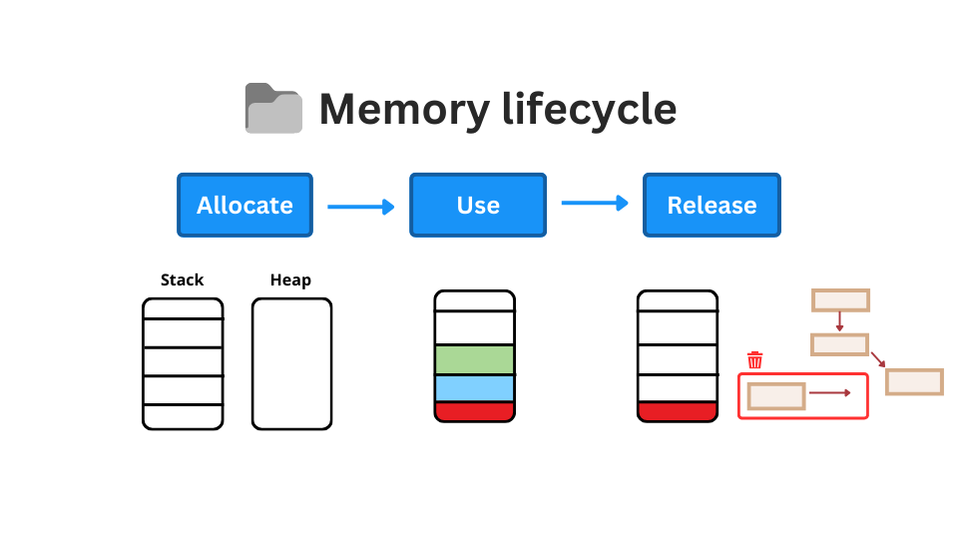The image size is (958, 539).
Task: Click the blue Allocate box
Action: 244,205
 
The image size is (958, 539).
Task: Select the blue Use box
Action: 478,205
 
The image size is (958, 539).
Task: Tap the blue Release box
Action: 712,205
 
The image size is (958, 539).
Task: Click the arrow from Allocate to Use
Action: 360,207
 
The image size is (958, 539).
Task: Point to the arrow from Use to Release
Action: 595,204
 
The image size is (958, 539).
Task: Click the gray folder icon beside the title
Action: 273,109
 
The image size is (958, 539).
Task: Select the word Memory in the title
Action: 404,109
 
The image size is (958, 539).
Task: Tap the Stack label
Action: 182,280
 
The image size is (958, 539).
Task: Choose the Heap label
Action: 290,280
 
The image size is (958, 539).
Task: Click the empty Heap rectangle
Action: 291,364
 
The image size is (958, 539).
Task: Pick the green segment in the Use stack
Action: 474,359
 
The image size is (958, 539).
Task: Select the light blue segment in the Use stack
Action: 474,388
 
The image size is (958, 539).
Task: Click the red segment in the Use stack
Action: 474,411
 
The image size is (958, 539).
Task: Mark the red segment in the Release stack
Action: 677,411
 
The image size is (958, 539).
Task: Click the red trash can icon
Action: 755,360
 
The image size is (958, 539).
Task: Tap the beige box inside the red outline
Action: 775,396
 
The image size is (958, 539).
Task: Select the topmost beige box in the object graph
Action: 840,300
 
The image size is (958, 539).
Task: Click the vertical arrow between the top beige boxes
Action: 840,322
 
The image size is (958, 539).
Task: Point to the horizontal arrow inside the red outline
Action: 829,393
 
